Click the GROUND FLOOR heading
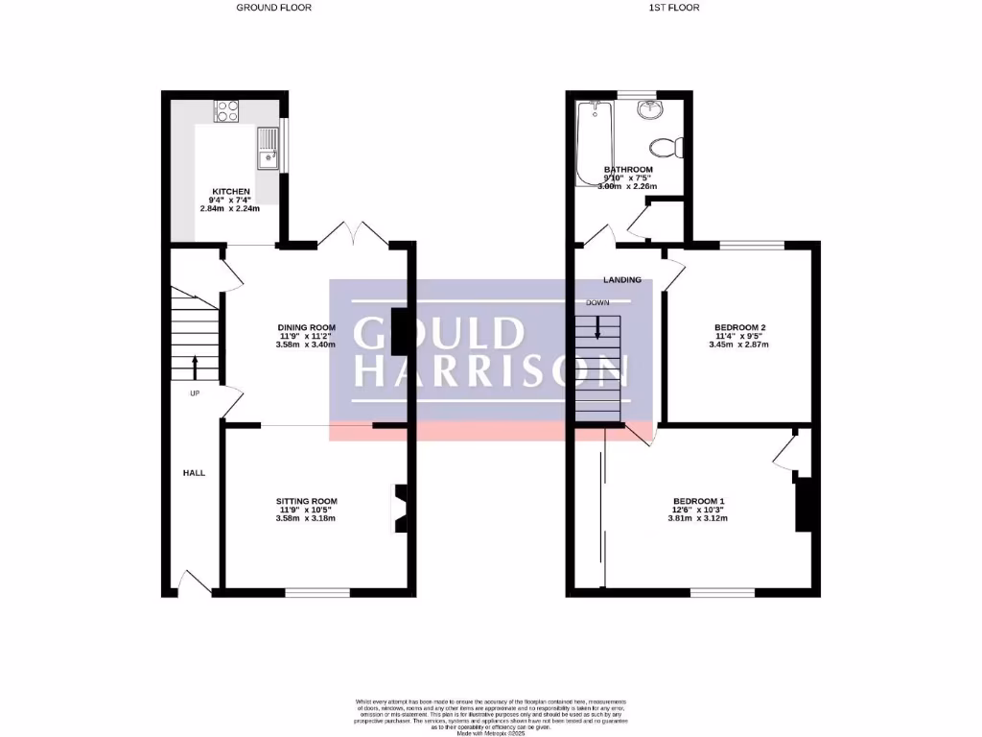coord(274,8)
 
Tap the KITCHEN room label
coord(232,192)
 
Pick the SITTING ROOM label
coord(307,501)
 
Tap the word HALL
coord(195,473)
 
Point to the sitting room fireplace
coord(398,509)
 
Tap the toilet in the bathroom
coord(665,148)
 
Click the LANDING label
coord(622,280)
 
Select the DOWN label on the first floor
coord(597,302)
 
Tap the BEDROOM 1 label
coord(698,502)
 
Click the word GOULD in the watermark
coord(439,332)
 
